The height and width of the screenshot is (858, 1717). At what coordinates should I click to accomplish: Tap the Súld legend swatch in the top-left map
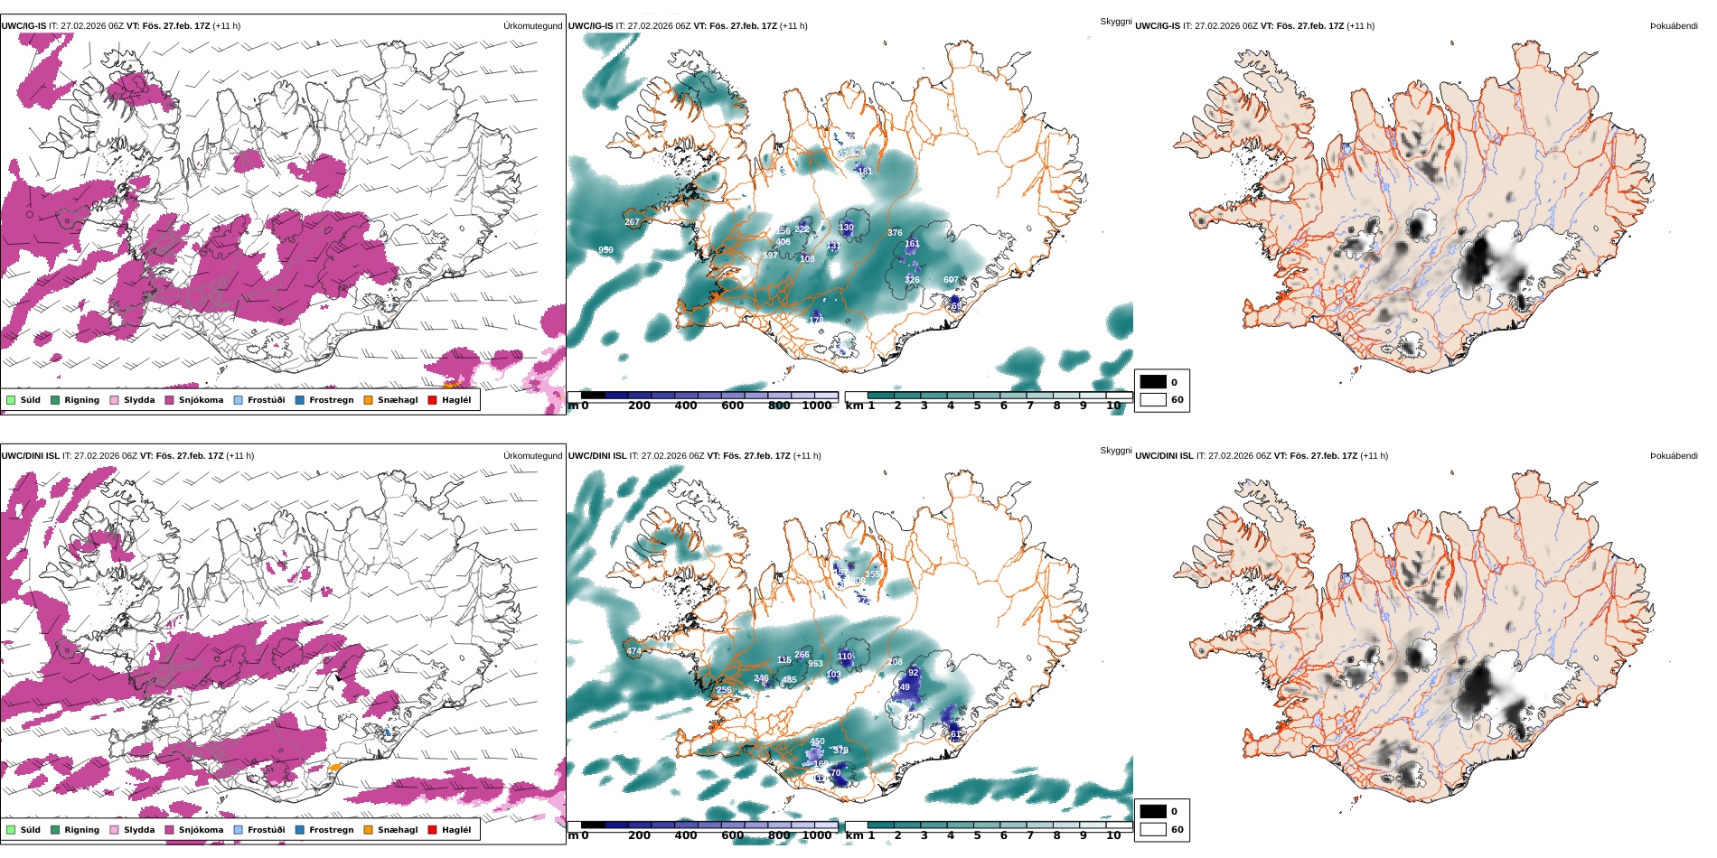pos(11,400)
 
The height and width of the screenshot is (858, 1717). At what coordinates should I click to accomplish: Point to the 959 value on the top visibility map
pos(605,250)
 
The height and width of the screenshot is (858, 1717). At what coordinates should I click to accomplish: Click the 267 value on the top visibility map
pos(632,221)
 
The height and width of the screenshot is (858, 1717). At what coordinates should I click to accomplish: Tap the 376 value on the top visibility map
pos(895,233)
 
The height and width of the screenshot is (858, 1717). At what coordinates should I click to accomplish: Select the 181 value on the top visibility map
pos(864,171)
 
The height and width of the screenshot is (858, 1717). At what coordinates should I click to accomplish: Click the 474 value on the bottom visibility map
pos(633,651)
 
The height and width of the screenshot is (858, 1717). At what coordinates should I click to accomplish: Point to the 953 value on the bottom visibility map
pos(815,664)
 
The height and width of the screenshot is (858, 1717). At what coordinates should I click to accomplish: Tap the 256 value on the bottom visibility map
pos(724,690)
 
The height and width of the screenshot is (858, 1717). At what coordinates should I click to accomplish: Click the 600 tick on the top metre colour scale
pos(732,406)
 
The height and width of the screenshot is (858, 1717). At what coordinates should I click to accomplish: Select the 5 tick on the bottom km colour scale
pos(977,835)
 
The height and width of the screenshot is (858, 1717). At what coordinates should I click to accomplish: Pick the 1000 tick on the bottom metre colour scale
pos(816,835)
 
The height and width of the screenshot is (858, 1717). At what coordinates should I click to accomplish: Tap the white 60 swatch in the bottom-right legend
pos(1153,829)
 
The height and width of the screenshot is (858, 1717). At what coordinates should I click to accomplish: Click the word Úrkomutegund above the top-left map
pos(532,26)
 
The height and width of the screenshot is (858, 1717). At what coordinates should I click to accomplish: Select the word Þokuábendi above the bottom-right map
pos(1674,456)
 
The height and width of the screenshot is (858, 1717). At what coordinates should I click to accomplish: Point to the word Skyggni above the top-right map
pos(1115,22)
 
